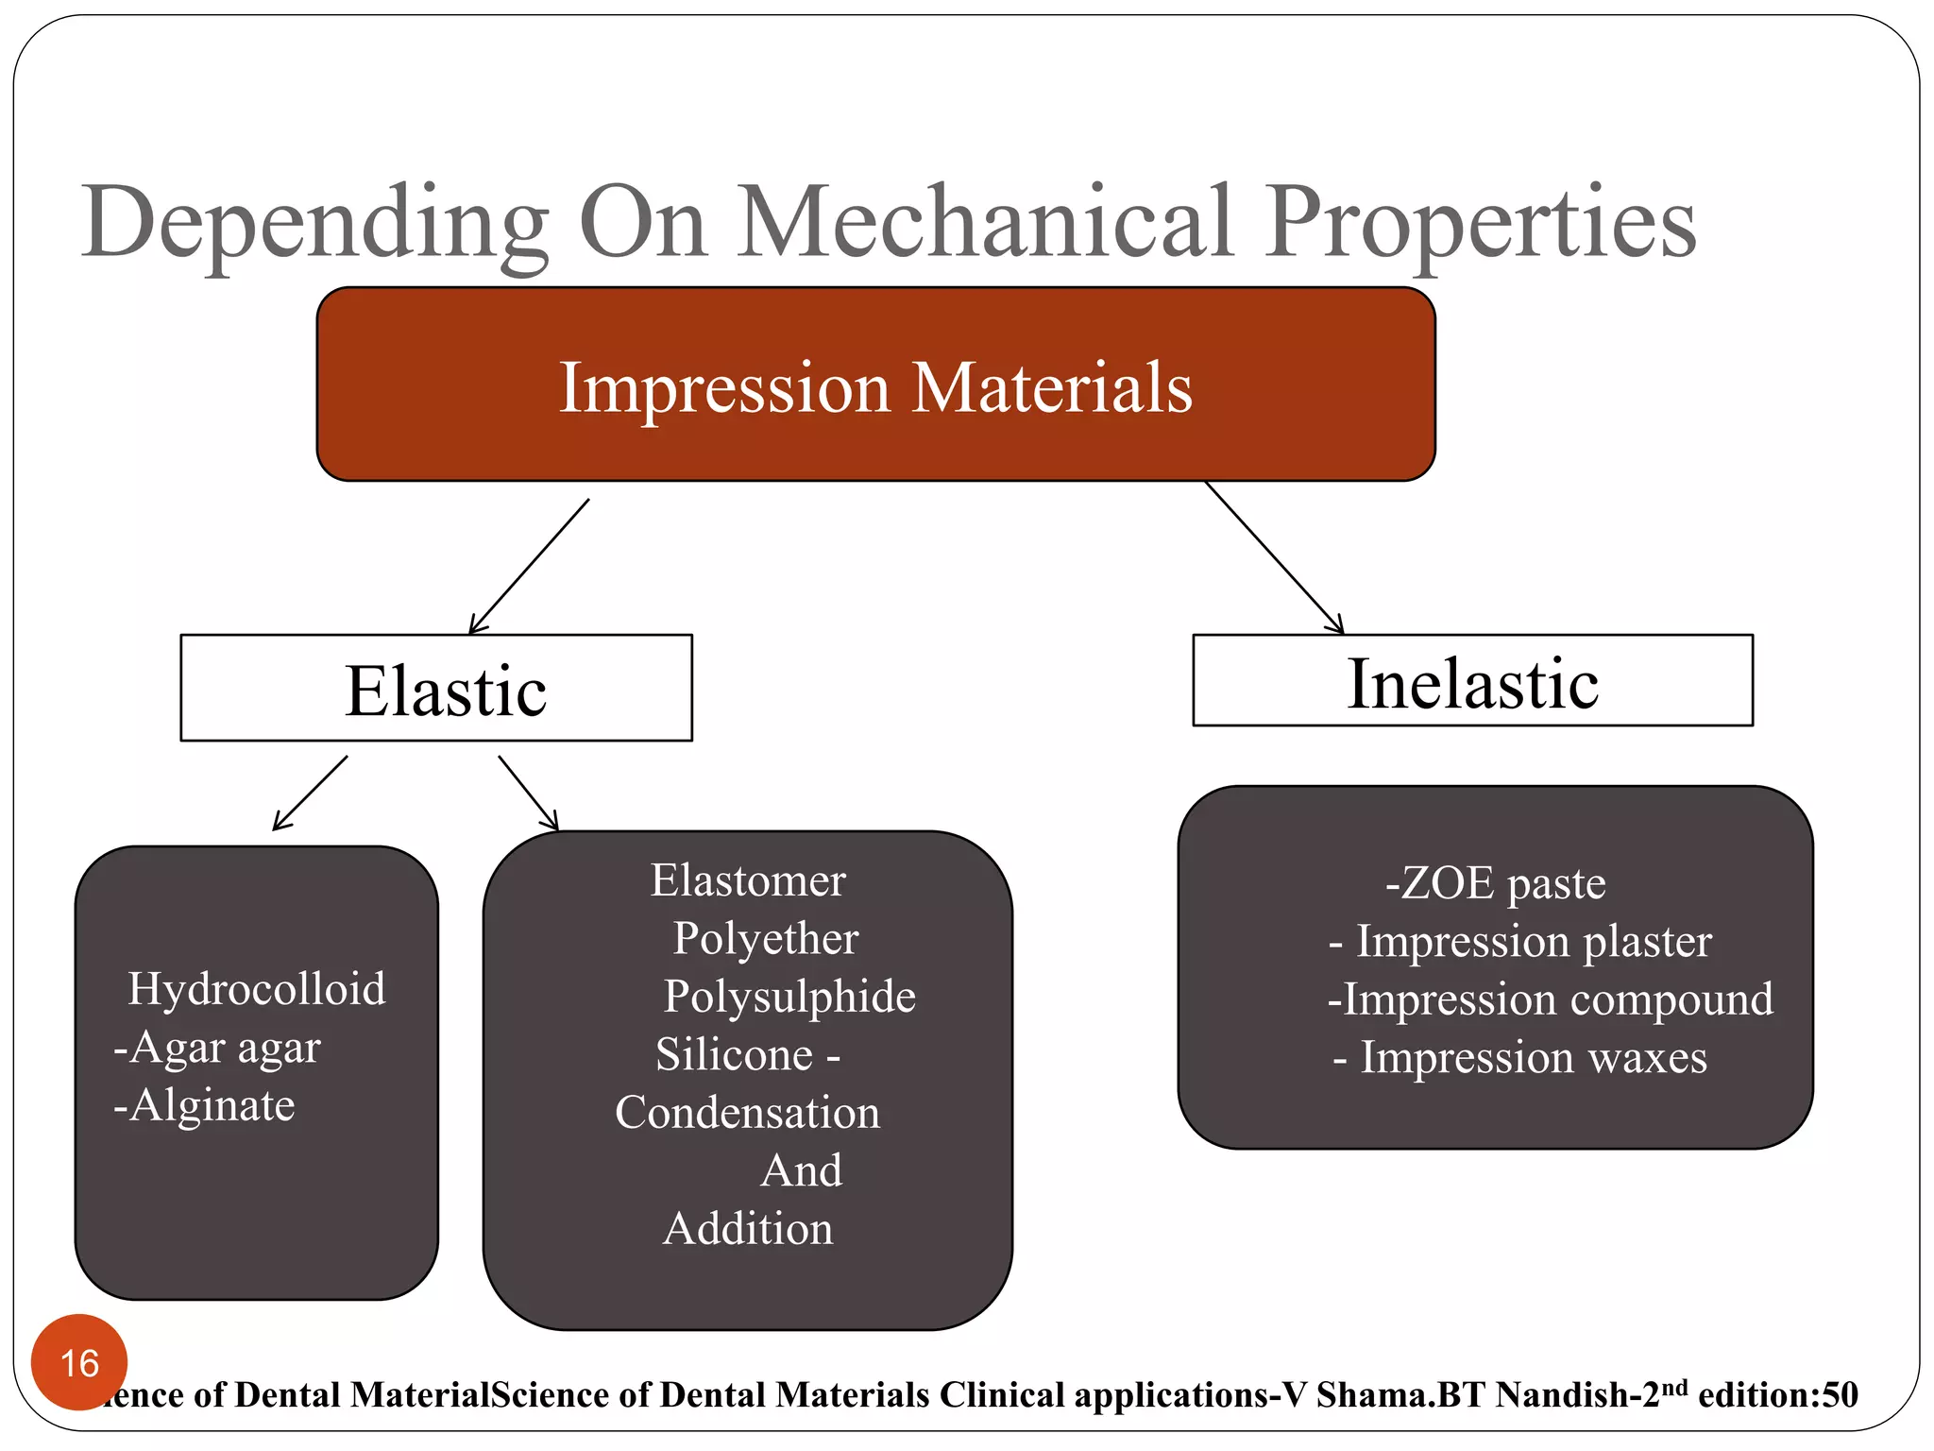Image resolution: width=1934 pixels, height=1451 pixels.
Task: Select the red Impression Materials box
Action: [875, 385]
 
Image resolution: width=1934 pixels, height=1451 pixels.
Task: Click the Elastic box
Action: [436, 689]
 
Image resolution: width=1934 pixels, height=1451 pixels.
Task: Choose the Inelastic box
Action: [1472, 681]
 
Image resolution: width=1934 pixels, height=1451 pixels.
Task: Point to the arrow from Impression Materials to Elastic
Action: [529, 567]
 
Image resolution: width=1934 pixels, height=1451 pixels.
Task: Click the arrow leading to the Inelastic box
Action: [1274, 557]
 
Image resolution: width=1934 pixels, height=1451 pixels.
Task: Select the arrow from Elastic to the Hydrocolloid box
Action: [310, 794]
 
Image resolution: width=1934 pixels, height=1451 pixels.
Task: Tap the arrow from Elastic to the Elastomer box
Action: [528, 793]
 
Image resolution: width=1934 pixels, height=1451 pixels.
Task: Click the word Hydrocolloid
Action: [257, 989]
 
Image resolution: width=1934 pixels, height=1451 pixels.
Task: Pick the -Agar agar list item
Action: [217, 1048]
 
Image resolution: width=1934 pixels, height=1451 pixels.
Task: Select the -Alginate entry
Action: [204, 1105]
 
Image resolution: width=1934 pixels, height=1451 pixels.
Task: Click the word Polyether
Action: [765, 939]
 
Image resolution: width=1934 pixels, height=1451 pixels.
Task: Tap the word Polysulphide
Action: [789, 997]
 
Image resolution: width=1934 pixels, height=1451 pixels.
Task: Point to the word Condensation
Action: [747, 1113]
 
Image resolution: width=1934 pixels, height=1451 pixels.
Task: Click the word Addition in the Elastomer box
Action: [748, 1229]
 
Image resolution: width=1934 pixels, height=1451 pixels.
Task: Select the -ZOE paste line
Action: [1495, 884]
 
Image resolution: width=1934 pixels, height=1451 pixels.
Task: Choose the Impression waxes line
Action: [1519, 1058]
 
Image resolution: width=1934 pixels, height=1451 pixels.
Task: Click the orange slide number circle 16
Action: [79, 1362]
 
